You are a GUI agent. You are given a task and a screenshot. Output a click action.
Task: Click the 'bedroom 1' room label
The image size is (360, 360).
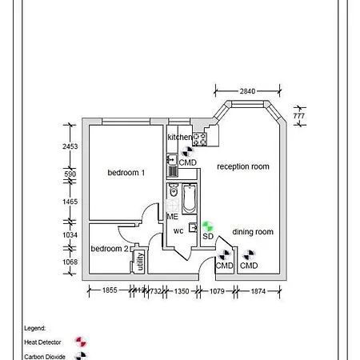coord(126,172)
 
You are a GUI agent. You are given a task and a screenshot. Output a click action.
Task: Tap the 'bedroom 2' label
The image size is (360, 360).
coord(110,249)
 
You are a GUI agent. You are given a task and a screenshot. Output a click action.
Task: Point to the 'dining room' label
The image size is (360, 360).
coord(253,232)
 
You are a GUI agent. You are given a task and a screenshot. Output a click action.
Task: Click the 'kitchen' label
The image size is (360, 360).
coord(180,138)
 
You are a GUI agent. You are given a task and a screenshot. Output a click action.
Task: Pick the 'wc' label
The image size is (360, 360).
coord(178,231)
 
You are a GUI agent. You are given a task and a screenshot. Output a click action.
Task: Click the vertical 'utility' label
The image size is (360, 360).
coord(140,261)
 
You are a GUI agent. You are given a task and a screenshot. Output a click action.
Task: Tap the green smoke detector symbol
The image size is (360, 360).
coord(207,226)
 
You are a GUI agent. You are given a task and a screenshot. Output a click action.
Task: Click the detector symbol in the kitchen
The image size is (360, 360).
coord(187,151)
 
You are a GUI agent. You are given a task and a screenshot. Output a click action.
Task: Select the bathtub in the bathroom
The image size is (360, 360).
coord(189,199)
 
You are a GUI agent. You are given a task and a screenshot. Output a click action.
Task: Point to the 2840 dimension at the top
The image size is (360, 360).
coord(247,91)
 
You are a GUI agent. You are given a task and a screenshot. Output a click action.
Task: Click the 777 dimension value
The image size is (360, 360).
coord(298,116)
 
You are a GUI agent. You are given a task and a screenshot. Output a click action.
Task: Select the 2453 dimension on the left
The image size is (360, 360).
coord(70,146)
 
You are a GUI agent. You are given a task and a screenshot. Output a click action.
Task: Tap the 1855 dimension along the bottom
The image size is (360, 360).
coord(110,291)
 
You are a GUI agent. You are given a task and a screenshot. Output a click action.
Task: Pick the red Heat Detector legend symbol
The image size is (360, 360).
coord(79,342)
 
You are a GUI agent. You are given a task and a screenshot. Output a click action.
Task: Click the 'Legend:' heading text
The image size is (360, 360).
coord(34,328)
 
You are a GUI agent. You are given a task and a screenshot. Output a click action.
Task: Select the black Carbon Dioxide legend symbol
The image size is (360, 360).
coord(79,356)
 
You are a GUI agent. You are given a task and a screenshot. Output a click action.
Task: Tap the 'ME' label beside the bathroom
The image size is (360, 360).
coord(172,217)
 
